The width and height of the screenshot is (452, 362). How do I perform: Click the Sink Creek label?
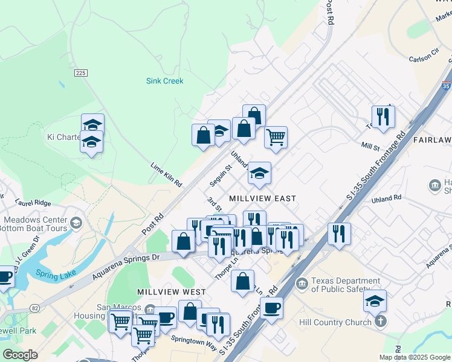[164, 81]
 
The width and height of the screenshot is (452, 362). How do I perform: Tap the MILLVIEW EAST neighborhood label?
[262, 198]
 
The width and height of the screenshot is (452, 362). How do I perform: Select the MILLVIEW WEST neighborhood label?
[172, 292]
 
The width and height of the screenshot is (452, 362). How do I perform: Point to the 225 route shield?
[81, 72]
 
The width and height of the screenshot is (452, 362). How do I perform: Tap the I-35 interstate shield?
[447, 86]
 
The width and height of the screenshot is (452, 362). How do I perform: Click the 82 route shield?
[35, 308]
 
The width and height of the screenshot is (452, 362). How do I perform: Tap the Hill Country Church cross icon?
[380, 321]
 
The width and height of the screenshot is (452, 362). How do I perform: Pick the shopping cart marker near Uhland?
[276, 137]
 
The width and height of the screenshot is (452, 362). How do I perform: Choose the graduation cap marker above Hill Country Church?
[375, 300]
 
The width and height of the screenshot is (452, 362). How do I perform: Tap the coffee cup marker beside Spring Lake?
[5, 277]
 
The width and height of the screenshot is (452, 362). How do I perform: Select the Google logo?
[21, 355]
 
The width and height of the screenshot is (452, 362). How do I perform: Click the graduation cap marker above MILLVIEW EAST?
[259, 173]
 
